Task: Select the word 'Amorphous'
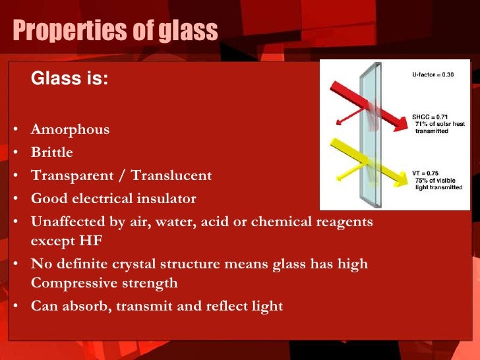pos(70,129)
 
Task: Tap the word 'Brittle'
pos(52,152)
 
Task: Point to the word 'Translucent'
pos(171,175)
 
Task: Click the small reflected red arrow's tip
pos(336,123)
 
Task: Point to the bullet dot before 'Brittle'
pos(15,152)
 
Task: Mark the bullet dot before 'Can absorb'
pos(15,307)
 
